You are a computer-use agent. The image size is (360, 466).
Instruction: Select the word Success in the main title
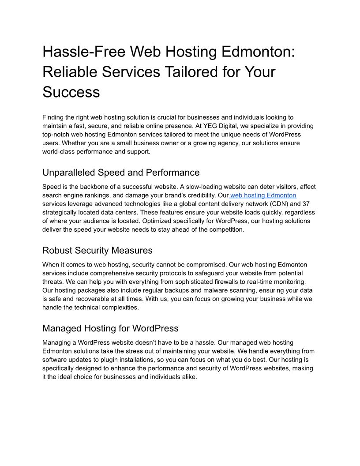pyautogui.click(x=71, y=92)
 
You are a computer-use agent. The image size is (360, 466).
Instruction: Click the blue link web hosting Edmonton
pyautogui.click(x=263, y=195)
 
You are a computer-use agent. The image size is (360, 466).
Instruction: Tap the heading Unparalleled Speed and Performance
pyautogui.click(x=121, y=173)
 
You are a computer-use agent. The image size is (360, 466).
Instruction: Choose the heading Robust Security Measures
pyautogui.click(x=97, y=250)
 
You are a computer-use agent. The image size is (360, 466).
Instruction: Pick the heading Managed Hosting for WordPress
pyautogui.click(x=110, y=328)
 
